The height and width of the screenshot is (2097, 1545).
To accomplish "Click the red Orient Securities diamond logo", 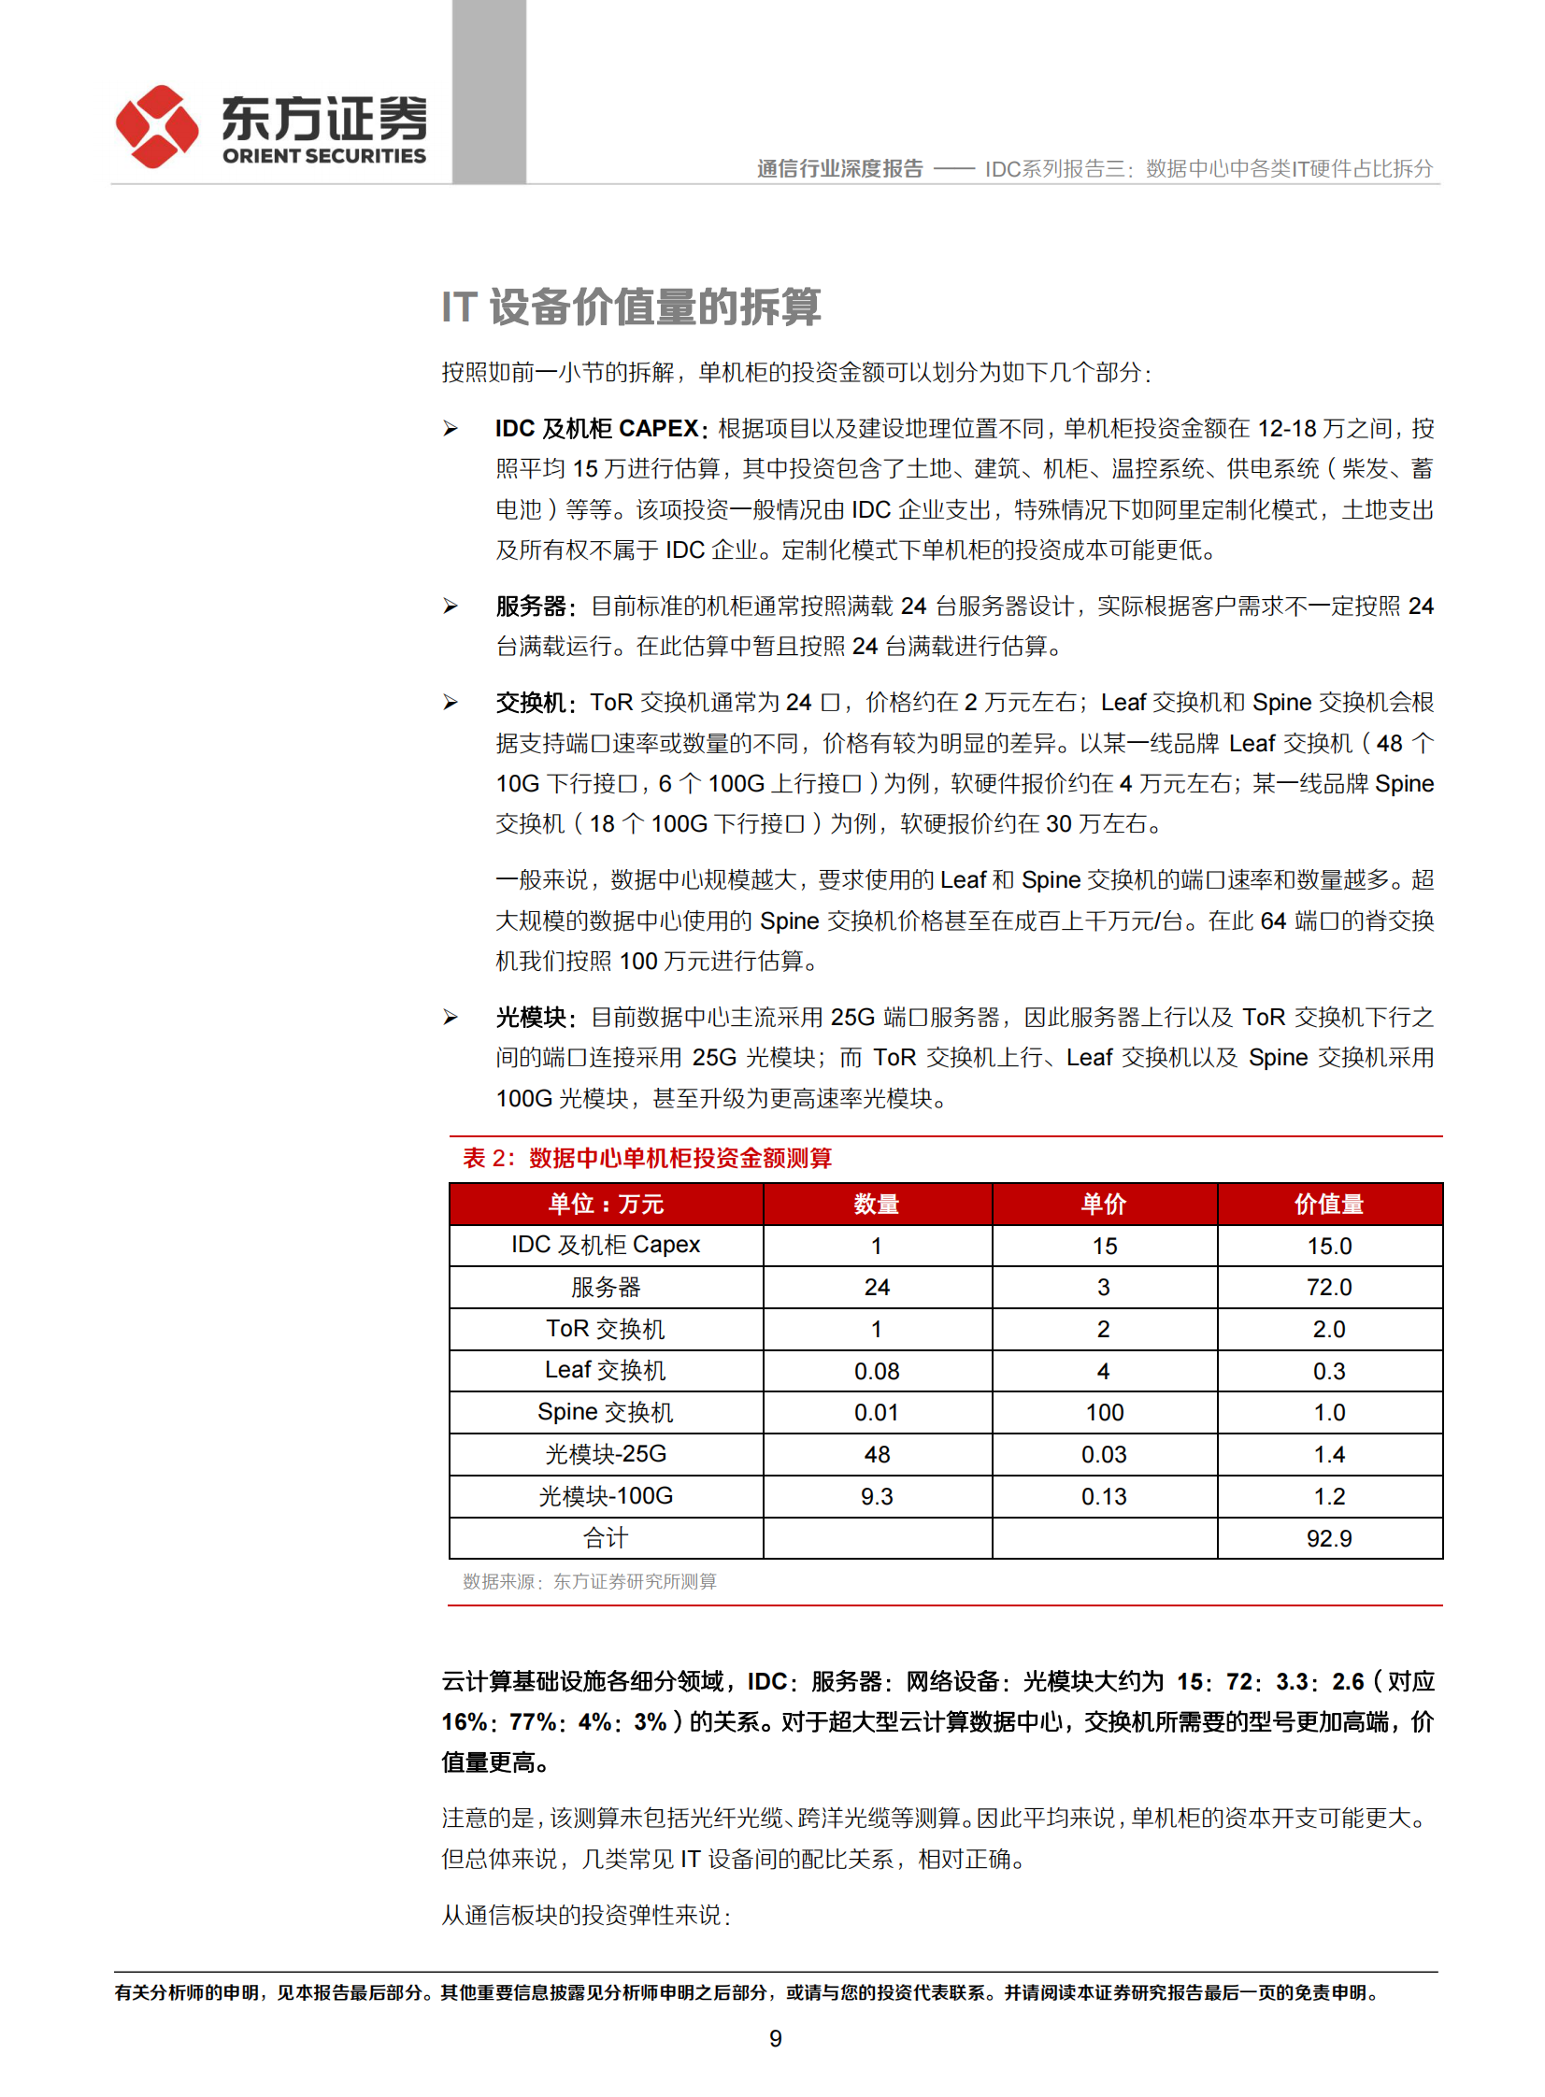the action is click(x=156, y=126).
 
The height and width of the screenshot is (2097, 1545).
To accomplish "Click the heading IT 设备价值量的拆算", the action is click(x=631, y=307).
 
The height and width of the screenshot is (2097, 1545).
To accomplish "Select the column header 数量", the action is click(x=877, y=1205).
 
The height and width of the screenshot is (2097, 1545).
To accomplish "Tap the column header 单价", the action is click(x=1104, y=1205).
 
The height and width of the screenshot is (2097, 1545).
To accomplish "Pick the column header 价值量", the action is click(x=1329, y=1205).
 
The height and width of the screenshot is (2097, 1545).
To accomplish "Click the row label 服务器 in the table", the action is click(x=606, y=1288).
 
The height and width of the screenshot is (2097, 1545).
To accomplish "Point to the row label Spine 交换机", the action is click(x=606, y=1412).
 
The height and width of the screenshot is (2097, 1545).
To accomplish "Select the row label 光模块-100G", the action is click(x=606, y=1496).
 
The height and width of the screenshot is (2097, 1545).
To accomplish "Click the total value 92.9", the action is click(x=1329, y=1538).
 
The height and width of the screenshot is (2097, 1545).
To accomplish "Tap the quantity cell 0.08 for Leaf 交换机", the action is click(x=877, y=1372).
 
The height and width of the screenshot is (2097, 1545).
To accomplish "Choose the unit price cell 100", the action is click(x=1105, y=1413).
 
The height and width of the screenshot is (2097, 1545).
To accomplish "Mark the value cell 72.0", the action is click(x=1329, y=1288).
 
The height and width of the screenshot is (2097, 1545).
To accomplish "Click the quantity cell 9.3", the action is click(x=877, y=1497).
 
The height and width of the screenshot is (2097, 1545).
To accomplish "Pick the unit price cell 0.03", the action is click(x=1105, y=1455).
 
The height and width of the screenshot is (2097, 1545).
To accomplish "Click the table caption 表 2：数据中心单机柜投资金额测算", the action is click(x=647, y=1159).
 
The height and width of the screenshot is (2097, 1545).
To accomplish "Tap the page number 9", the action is click(x=776, y=2038).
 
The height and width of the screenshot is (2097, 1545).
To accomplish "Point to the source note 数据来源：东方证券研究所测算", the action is click(x=589, y=1581).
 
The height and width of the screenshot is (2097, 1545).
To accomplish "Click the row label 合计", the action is click(x=606, y=1538).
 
